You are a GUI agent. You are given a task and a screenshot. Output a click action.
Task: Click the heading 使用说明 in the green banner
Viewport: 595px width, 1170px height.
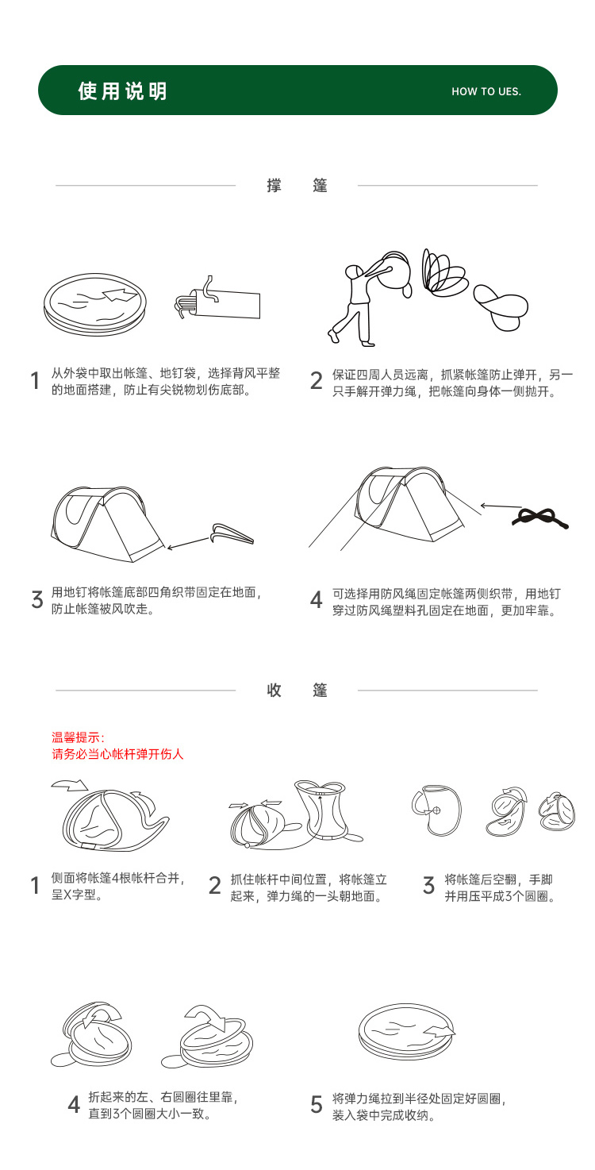pyautogui.click(x=123, y=90)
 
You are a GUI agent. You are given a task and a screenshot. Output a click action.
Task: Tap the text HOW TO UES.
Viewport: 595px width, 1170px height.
pyautogui.click(x=486, y=91)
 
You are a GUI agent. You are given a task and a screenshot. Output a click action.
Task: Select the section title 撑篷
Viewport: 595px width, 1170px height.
pyautogui.click(x=297, y=186)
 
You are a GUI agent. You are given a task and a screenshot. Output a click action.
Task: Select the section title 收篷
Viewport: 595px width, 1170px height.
pyautogui.click(x=297, y=690)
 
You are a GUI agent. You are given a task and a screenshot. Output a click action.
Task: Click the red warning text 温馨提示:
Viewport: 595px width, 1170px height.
pyautogui.click(x=78, y=737)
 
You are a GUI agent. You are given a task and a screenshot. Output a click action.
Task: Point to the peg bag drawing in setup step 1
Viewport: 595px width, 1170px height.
pyautogui.click(x=217, y=299)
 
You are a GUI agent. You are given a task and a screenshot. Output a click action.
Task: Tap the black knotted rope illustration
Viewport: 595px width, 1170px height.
pyautogui.click(x=540, y=518)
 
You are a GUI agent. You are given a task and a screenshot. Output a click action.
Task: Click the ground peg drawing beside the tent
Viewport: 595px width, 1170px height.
pyautogui.click(x=232, y=534)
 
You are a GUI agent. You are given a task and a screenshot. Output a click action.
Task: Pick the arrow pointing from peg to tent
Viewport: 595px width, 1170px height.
pyautogui.click(x=189, y=543)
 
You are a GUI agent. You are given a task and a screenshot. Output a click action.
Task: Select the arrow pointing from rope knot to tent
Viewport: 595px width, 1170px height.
pyautogui.click(x=501, y=506)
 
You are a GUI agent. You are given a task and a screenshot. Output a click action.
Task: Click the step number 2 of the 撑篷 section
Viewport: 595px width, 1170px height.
pyautogui.click(x=317, y=381)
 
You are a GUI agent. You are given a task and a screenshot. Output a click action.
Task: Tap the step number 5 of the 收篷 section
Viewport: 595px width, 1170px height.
pyautogui.click(x=317, y=1104)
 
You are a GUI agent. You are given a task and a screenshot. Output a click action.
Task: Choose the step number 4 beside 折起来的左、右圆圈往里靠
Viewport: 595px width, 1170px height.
pyautogui.click(x=74, y=1104)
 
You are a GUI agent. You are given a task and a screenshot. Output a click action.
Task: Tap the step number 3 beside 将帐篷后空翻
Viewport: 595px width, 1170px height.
pyautogui.click(x=428, y=885)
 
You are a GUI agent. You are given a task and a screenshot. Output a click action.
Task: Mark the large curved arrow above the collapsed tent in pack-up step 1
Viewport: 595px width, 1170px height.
pyautogui.click(x=70, y=785)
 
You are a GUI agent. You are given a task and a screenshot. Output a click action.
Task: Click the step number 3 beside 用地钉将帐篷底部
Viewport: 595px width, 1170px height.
pyautogui.click(x=37, y=599)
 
